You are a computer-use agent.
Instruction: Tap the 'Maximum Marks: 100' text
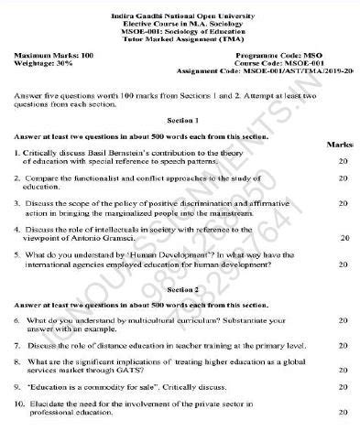(x=53, y=57)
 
